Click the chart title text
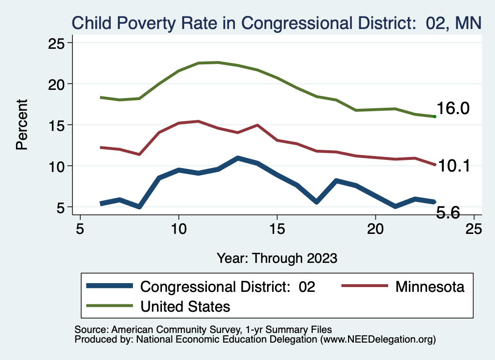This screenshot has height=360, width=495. pos(277,23)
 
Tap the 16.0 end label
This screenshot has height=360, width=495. pos(453,109)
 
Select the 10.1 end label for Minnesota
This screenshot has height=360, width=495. pos(453,166)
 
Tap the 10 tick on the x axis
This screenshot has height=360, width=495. pos(178,229)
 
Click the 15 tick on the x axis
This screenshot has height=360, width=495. pos(277,229)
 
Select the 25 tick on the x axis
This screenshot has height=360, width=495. pos(474,229)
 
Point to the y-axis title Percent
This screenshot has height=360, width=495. pos(22,125)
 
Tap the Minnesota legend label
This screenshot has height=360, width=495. pos(430,287)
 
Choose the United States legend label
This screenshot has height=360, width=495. pos(185,306)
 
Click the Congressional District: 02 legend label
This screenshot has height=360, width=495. pos(228,287)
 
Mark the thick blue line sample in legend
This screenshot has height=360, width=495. pos(109,286)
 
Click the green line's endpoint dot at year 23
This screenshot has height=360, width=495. pos(435,116)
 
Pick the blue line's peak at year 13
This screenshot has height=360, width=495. pos(237,158)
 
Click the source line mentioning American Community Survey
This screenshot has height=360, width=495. pos(203,330)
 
